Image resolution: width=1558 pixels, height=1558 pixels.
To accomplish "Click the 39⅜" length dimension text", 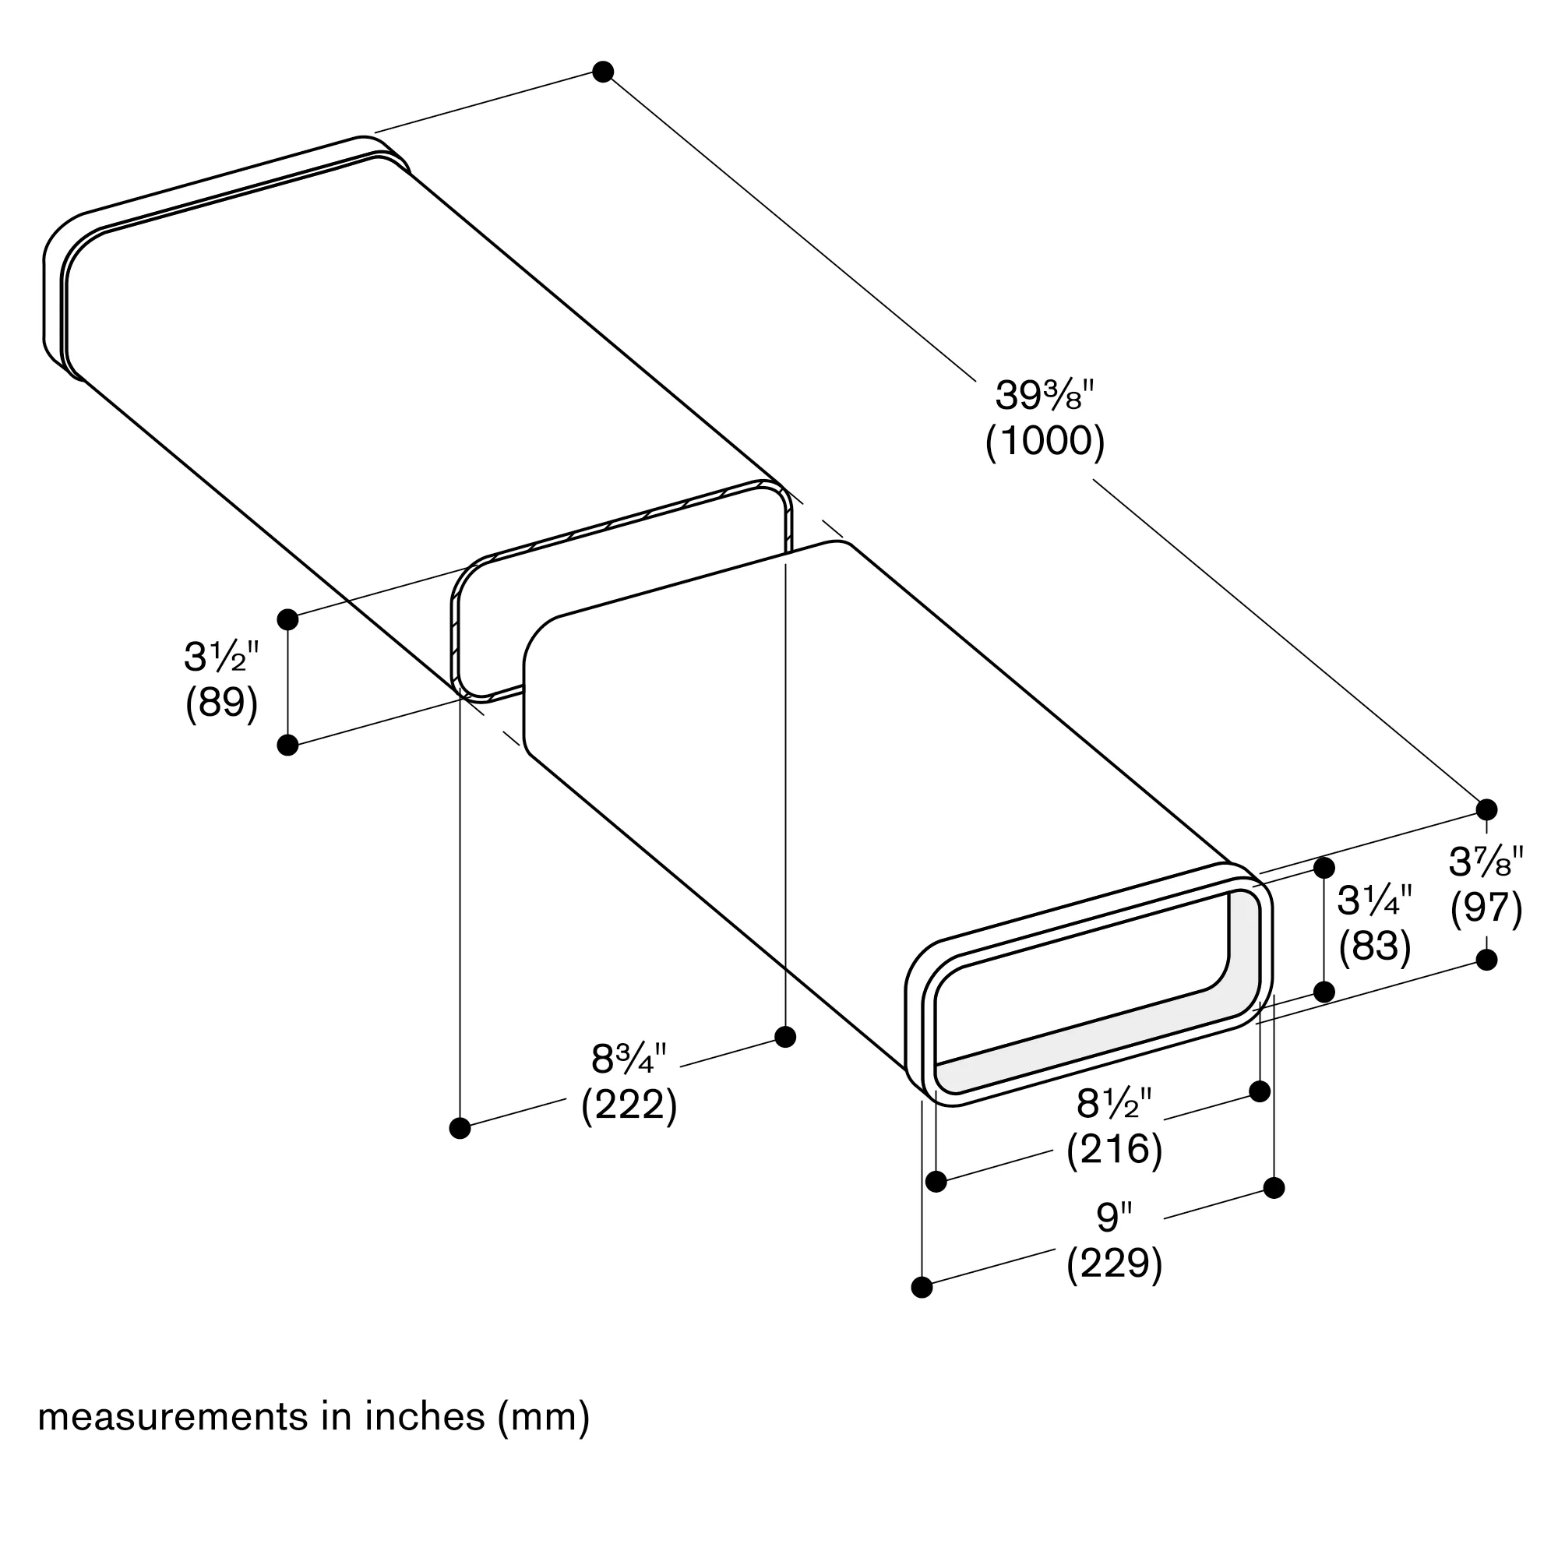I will pos(1045,395).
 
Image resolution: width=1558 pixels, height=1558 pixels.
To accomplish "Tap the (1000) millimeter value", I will pos(1045,441).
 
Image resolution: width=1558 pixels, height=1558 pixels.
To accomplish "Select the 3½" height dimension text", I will pos(221,657).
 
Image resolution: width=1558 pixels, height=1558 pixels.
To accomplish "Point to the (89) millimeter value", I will pos(221,703).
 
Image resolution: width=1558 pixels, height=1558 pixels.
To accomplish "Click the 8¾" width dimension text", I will pos(628,1059).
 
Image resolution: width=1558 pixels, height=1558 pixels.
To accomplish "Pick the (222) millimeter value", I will pos(628,1105).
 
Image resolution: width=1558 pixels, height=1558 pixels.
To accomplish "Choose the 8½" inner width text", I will pos(1114,1104).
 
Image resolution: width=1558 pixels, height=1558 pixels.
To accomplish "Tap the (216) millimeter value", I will pos(1114,1149).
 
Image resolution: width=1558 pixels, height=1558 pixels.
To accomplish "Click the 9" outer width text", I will pos(1114,1217).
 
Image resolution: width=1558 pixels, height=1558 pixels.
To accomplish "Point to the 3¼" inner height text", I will pos(1374,901).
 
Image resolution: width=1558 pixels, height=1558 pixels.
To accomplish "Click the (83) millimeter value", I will pos(1374,946).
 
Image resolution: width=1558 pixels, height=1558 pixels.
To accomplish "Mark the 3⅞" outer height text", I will pos(1486,862).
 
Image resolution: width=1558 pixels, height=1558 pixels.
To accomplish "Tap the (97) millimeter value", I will pos(1486,908).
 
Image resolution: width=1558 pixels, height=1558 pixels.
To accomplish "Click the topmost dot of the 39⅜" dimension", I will pos(602,71).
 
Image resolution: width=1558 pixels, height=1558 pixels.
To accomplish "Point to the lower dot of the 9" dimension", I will pos(922,1287).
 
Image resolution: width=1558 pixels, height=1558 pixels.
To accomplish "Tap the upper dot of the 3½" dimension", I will pos(287,619).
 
